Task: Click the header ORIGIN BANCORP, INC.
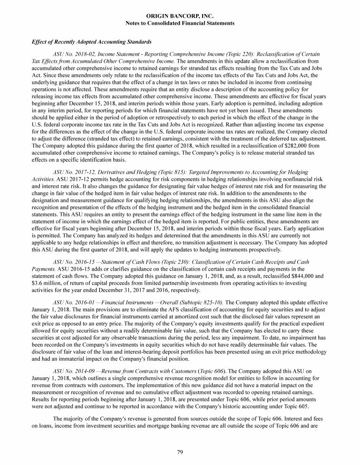[x=180, y=16]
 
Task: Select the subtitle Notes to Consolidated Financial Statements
[x=180, y=23]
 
